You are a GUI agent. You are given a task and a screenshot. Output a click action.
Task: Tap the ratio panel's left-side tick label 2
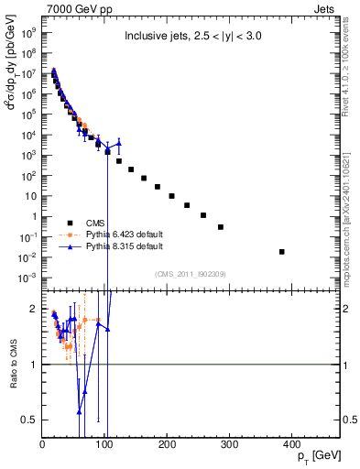(x=35, y=309)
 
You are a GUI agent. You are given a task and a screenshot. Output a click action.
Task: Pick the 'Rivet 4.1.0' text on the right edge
(x=351, y=73)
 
